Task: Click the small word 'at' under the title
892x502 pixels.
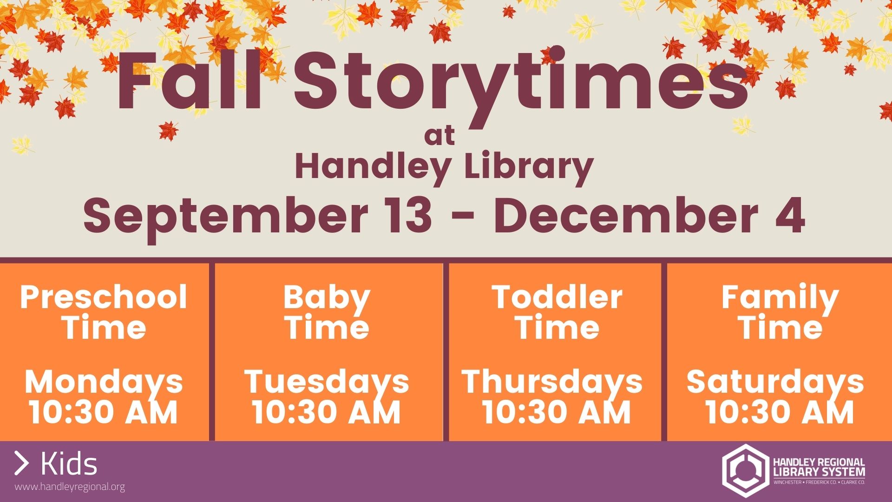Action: (x=439, y=136)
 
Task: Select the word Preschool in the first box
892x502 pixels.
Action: (x=104, y=297)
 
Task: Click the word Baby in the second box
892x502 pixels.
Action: (x=327, y=299)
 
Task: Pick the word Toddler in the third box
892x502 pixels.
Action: (x=557, y=297)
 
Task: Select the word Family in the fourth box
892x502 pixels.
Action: (x=780, y=299)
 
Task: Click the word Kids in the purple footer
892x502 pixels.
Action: (x=69, y=464)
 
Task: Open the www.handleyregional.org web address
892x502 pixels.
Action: (x=70, y=487)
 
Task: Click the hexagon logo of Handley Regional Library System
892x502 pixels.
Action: (x=745, y=470)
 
